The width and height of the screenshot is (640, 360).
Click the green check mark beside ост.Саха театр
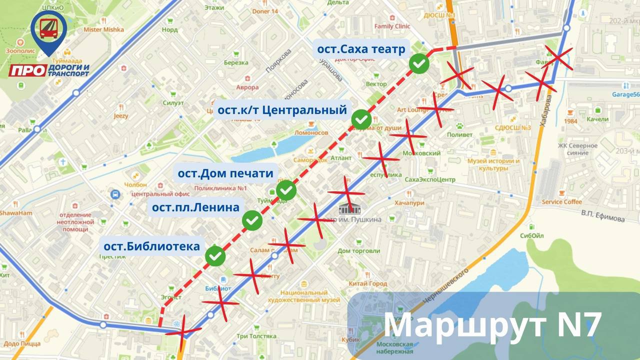point(419,63)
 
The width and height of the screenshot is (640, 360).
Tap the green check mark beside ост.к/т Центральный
point(361,119)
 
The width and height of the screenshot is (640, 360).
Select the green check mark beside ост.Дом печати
point(286,190)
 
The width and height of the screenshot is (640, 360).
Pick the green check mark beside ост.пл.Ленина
point(252,220)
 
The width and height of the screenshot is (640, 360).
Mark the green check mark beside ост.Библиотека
point(215,255)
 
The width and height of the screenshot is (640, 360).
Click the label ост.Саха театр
point(361,49)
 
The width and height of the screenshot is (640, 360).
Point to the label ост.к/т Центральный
point(282,109)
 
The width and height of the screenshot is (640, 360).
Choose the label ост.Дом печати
point(226,173)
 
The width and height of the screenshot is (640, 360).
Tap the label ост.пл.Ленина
point(196,207)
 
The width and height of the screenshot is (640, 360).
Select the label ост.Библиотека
point(152,246)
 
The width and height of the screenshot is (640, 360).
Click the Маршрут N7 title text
point(492,325)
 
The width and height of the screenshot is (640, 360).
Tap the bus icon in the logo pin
point(48,28)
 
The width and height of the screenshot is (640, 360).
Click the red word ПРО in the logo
point(28,71)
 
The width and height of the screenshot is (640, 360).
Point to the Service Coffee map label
point(562,202)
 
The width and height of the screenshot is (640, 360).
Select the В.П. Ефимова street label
point(603,215)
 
